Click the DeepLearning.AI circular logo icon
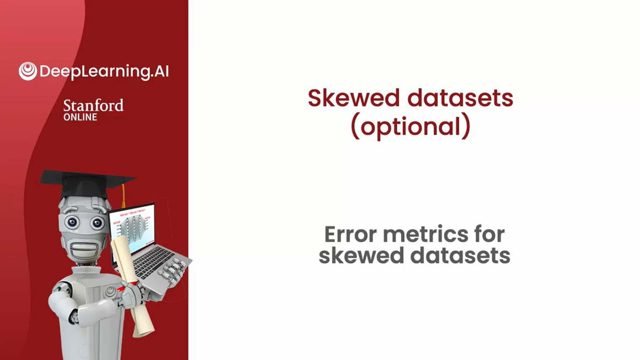point(28,71)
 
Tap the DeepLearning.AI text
point(103,71)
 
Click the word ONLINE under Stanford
point(80,117)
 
